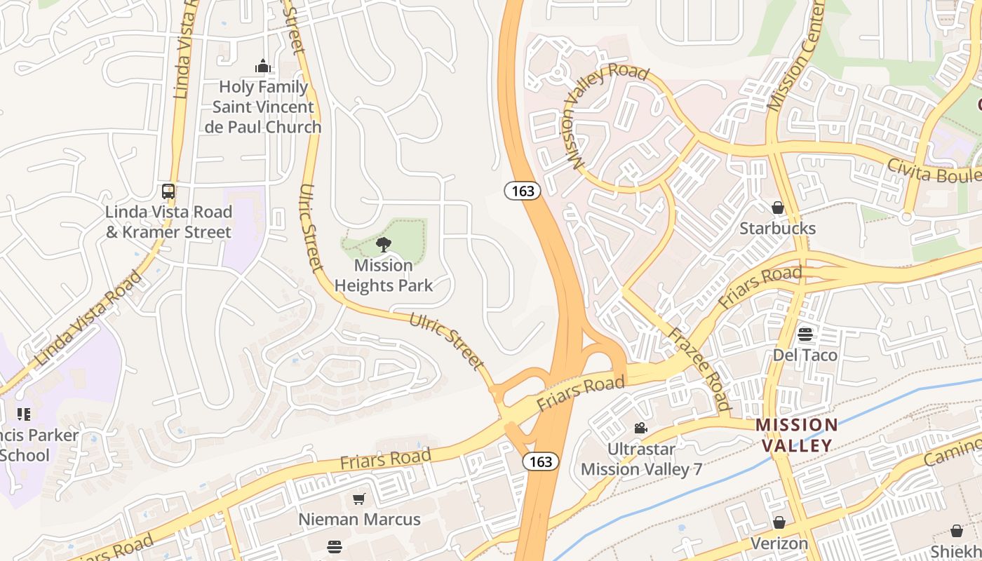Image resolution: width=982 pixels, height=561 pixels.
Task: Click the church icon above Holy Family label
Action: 263,67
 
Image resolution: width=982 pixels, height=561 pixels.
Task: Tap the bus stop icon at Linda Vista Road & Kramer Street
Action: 168,191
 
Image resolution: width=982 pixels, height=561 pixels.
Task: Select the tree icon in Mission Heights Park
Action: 383,245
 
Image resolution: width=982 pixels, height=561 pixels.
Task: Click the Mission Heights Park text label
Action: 383,275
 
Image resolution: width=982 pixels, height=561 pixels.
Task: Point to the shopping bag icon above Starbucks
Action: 777,208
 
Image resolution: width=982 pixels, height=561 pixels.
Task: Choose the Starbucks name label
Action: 777,229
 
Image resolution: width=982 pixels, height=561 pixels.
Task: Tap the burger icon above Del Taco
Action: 805,334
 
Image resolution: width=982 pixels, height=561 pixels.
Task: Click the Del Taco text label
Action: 805,355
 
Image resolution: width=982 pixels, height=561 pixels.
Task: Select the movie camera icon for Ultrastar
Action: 640,428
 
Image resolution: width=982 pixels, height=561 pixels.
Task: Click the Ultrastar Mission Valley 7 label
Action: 641,459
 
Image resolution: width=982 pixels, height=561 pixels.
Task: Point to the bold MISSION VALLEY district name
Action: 796,435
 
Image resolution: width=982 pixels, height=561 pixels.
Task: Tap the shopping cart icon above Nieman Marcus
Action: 359,499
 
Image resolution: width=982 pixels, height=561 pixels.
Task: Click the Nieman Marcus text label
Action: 359,520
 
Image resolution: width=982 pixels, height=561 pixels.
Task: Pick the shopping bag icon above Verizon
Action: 779,522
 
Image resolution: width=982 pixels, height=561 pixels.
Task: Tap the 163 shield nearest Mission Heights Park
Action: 523,191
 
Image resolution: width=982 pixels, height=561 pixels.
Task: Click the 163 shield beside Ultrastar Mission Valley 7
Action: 541,461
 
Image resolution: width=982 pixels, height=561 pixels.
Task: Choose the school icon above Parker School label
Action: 24,414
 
